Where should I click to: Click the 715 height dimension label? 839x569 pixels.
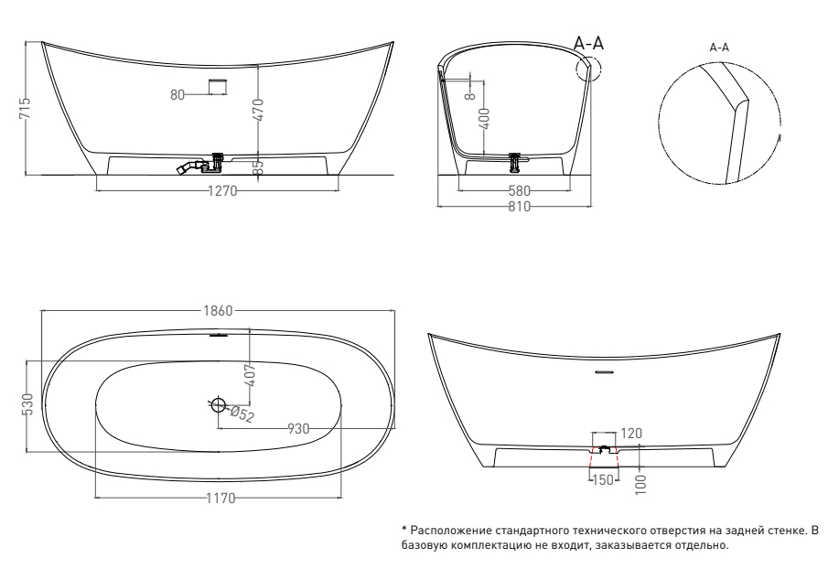coord(25,109)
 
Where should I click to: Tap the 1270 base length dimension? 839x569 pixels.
coord(222,191)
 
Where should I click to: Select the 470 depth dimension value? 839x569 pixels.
coord(258,110)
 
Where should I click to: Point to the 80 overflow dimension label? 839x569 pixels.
coord(177,94)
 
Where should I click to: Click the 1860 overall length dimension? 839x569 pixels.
coord(219,311)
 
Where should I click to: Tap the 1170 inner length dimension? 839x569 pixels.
coord(221,499)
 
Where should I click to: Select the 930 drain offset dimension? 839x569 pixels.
coord(298,429)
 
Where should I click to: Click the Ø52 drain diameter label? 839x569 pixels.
coord(242,413)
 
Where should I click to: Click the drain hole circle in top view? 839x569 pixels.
coord(219,405)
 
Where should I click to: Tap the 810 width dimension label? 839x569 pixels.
coord(520,207)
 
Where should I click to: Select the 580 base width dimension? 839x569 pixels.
coord(520,190)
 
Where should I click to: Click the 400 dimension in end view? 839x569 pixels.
coord(485,119)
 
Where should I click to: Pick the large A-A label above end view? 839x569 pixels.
coord(588,43)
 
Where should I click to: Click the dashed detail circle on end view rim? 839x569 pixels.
coord(601,68)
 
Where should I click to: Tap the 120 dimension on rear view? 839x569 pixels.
coord(631,434)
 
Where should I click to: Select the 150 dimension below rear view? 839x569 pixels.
coord(603,479)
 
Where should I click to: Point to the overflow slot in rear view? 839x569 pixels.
coord(605,372)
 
